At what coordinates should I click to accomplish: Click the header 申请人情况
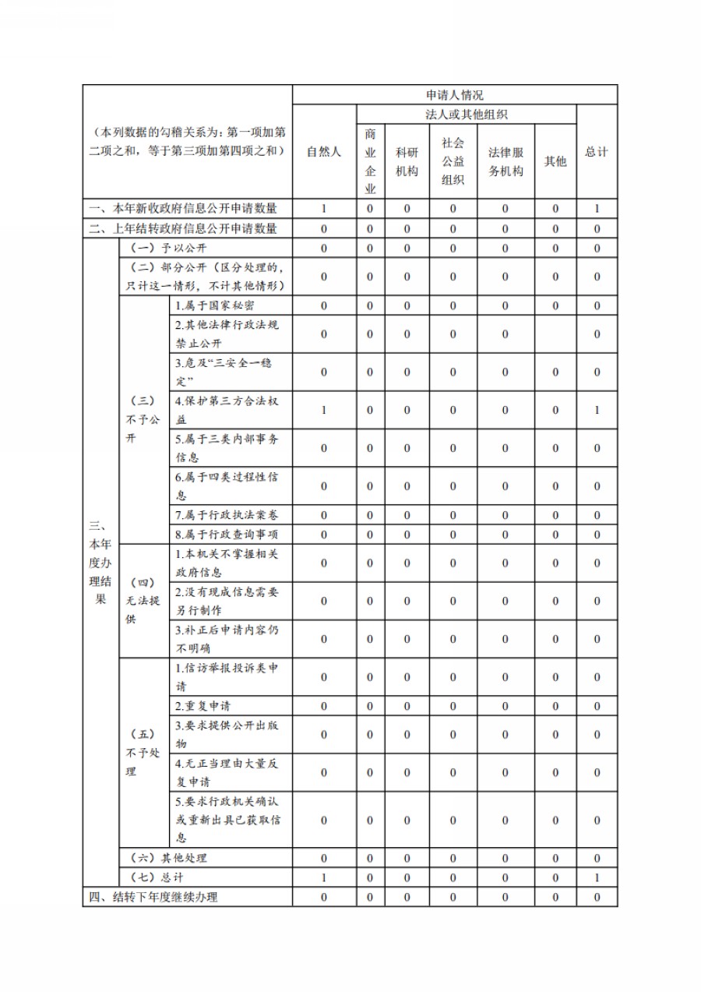point(455,95)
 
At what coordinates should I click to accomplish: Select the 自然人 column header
point(324,152)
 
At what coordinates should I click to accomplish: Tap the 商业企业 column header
point(370,161)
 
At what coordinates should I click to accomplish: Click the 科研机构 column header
point(407,161)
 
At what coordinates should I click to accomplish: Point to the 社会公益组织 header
point(453,161)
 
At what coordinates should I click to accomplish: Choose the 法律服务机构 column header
point(505,161)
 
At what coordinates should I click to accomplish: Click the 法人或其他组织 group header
point(467,115)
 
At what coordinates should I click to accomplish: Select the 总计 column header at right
point(597,152)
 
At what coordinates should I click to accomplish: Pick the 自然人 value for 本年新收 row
point(324,209)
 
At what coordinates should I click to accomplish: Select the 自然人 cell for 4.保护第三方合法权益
point(324,410)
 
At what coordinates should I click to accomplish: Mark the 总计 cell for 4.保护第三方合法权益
point(597,410)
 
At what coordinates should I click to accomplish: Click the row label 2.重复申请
point(203,706)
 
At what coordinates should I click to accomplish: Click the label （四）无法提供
point(143,601)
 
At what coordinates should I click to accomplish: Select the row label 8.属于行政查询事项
point(227,535)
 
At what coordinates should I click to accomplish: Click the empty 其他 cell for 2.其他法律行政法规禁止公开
point(555,334)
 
